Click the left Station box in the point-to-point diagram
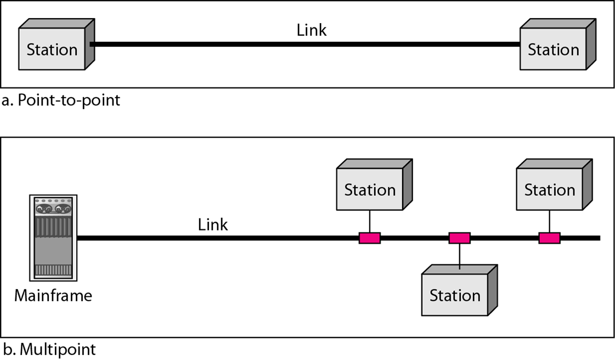[x=52, y=49]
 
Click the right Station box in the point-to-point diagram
[x=553, y=49]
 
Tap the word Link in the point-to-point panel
[x=311, y=30]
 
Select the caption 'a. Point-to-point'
[x=61, y=101]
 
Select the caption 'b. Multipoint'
[x=49, y=350]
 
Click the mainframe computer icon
[x=53, y=238]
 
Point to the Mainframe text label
[x=53, y=296]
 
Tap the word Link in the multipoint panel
[x=213, y=224]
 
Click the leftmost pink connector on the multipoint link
[x=370, y=238]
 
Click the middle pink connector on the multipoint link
[x=459, y=238]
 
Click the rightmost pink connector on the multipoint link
[x=549, y=238]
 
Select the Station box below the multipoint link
[x=455, y=295]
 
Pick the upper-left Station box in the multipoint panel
[x=369, y=190]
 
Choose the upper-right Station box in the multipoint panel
[x=549, y=190]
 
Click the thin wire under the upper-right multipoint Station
[x=549, y=222]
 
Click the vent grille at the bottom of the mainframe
[x=53, y=270]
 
